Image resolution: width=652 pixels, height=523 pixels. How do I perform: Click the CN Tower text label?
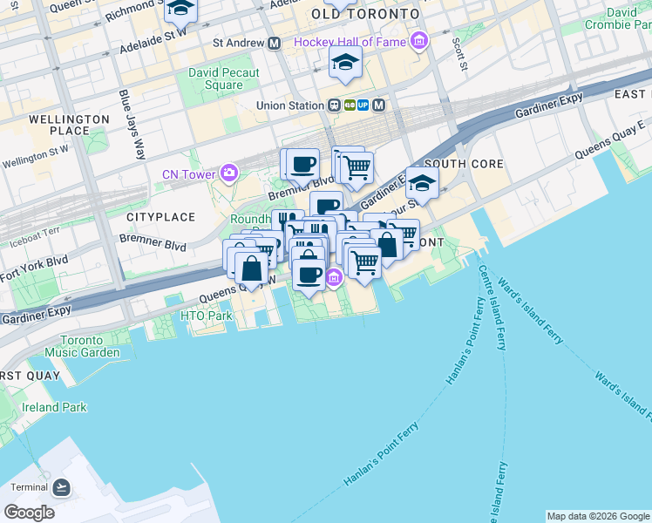[x=188, y=174]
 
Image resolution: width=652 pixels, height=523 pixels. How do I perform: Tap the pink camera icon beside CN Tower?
[x=229, y=173]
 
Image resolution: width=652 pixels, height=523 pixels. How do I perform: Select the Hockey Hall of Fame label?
[x=352, y=42]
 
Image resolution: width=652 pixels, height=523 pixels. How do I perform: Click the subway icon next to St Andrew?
[x=274, y=42]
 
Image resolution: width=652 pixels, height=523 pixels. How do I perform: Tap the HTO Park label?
[x=206, y=316]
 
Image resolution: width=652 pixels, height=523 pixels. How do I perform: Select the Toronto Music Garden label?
[x=88, y=346]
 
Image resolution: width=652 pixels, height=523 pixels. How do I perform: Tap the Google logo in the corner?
[x=29, y=512]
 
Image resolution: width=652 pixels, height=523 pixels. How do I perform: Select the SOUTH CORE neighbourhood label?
[x=460, y=164]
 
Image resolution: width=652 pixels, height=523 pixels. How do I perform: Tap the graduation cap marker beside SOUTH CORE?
[x=422, y=184]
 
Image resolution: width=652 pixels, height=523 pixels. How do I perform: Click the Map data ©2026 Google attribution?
[x=598, y=516]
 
